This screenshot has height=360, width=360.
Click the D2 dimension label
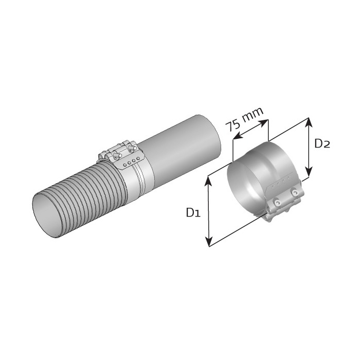[322, 143]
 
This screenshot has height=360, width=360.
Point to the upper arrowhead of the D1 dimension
[208, 181]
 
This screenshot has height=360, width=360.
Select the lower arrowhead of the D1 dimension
[209, 241]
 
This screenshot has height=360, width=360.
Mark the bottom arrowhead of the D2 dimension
[309, 172]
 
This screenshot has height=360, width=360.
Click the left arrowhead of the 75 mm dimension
[238, 136]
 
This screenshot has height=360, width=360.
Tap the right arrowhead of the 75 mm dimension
[263, 123]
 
